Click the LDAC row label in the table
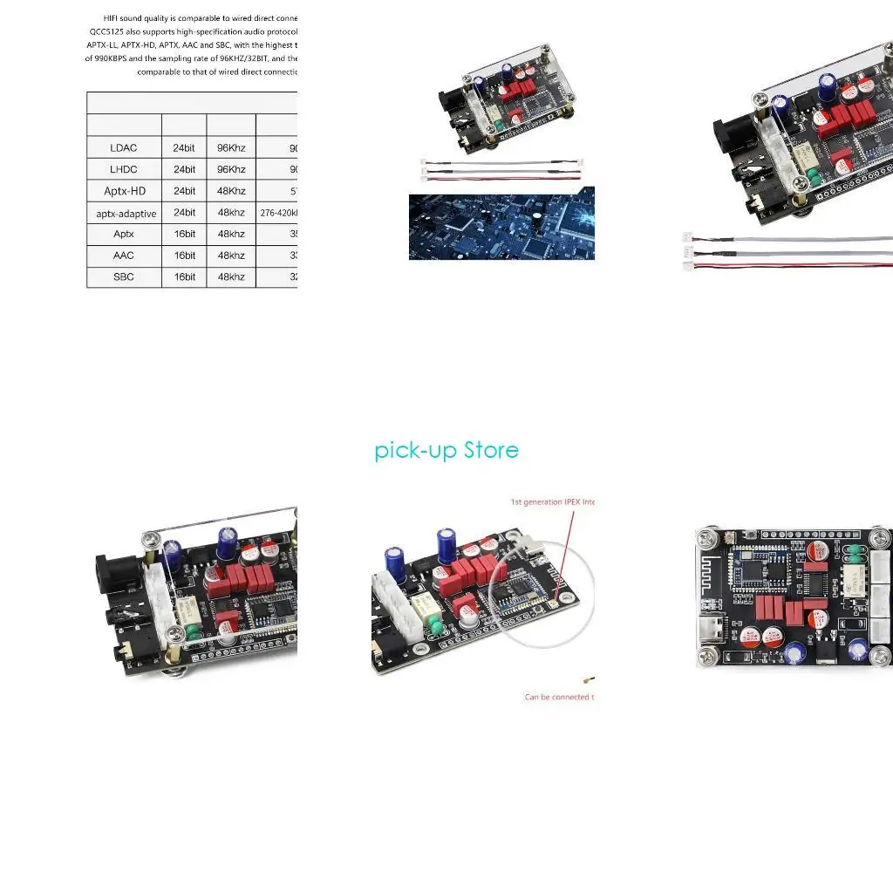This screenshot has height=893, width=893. pyautogui.click(x=124, y=147)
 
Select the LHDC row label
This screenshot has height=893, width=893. pyautogui.click(x=124, y=169)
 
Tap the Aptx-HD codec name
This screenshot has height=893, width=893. pyautogui.click(x=125, y=191)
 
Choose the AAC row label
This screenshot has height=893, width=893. pyautogui.click(x=124, y=256)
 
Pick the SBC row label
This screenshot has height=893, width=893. pyautogui.click(x=124, y=276)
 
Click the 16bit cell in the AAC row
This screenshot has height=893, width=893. pyautogui.click(x=184, y=256)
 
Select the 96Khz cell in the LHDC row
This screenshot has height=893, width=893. pyautogui.click(x=231, y=169)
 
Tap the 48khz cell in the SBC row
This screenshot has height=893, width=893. pyautogui.click(x=231, y=276)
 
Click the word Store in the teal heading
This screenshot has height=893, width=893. pyautogui.click(x=491, y=450)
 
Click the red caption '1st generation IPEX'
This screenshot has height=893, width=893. pyautogui.click(x=552, y=501)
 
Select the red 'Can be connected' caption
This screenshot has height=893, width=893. pyautogui.click(x=559, y=697)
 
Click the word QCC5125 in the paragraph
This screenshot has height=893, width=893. pyautogui.click(x=106, y=30)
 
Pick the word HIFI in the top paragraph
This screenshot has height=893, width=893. pyautogui.click(x=112, y=17)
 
